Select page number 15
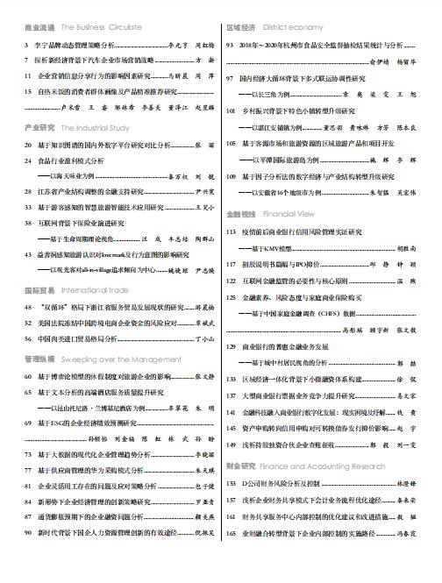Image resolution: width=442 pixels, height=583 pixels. click(x=30, y=90)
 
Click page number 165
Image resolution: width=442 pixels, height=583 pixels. click(x=232, y=558)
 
